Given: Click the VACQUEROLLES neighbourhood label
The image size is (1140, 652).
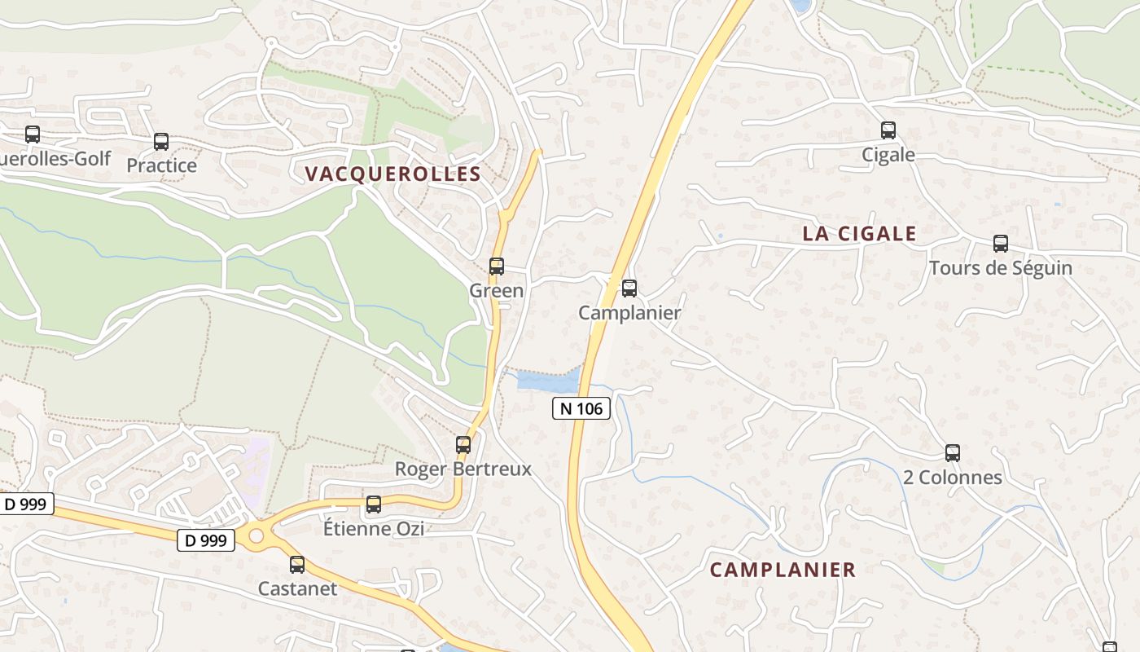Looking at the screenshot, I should [x=392, y=174].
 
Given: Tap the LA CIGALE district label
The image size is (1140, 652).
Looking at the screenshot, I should [x=859, y=234].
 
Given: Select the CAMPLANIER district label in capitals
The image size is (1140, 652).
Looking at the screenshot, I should [x=783, y=570].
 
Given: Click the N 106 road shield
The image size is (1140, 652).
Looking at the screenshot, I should [x=581, y=408].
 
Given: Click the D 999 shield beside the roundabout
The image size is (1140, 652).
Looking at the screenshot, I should [x=206, y=540].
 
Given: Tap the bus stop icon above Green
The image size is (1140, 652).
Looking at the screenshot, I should [x=496, y=266].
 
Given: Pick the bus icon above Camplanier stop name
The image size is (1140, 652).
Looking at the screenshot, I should [x=629, y=288].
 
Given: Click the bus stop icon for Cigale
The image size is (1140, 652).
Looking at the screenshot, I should [x=888, y=130].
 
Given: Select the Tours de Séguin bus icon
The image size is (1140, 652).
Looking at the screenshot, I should [x=1000, y=243].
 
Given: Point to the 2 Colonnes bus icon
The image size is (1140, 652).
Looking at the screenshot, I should [x=952, y=453].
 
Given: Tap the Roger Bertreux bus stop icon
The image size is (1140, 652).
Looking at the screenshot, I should [x=463, y=444].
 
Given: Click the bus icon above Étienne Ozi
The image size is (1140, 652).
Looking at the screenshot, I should [x=373, y=504].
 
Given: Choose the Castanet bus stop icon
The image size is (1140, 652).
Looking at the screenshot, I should [x=297, y=564].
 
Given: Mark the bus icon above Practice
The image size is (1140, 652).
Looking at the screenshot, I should [x=161, y=142].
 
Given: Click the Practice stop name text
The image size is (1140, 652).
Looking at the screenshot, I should [x=161, y=165].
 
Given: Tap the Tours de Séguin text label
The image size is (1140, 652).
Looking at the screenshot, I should [x=1000, y=267].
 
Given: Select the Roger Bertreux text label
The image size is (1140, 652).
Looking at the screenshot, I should [x=463, y=469].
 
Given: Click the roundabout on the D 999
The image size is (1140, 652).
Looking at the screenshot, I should [x=257, y=535].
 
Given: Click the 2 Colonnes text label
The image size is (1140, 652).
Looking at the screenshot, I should [x=952, y=477].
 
